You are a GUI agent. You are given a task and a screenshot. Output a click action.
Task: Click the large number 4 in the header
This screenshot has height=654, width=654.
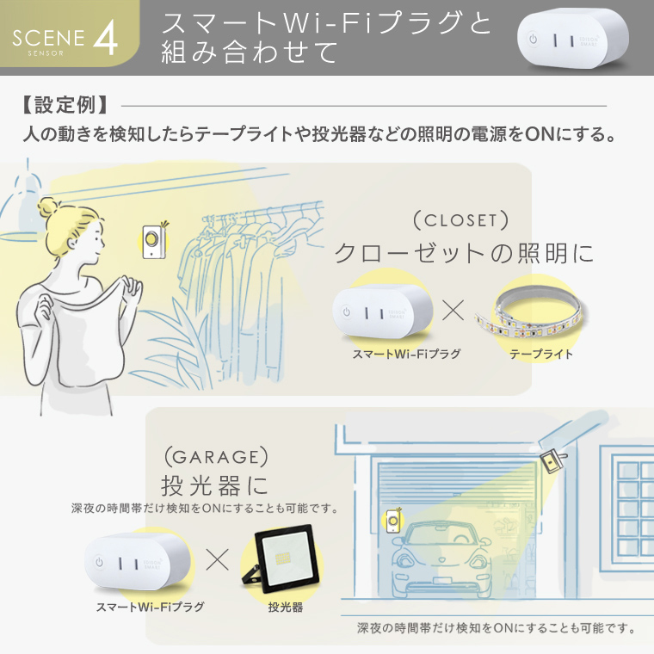pos(105,38)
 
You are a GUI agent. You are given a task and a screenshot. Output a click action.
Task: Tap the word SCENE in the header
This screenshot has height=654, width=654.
pos(49,39)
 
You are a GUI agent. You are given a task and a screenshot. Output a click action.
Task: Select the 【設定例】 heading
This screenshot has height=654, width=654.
pos(65,106)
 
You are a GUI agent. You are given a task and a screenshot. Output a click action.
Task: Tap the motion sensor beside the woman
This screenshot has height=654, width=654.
pos(154,240)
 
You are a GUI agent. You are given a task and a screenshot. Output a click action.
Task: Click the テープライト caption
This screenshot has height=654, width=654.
pos(541,354)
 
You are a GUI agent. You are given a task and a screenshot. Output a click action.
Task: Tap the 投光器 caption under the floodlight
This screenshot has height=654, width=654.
pos(285,607)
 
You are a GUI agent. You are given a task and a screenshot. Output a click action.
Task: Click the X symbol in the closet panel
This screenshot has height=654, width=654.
pos(453,312)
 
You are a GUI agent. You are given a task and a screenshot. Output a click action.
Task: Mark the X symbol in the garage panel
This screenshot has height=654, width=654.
pos(218,560)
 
